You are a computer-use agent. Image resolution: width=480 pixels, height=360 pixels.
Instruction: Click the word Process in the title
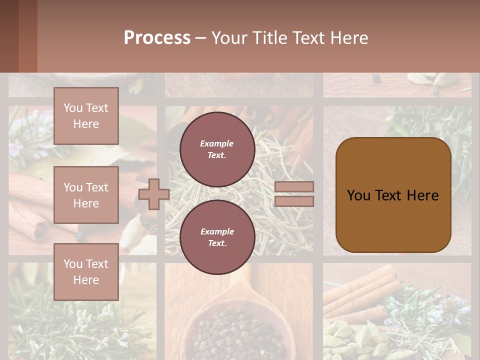click(x=157, y=38)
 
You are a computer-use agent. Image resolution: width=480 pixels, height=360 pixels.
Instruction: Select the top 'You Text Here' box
click(x=86, y=116)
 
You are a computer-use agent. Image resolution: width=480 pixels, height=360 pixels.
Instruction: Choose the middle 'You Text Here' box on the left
click(x=86, y=195)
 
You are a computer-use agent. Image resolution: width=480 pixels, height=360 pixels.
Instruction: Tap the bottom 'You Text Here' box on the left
click(x=86, y=271)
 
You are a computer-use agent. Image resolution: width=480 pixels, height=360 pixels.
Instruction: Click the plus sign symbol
click(x=153, y=194)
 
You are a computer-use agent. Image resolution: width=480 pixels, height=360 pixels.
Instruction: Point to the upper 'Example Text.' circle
click(x=217, y=149)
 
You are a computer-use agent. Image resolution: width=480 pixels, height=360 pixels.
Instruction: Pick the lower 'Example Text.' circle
click(x=217, y=237)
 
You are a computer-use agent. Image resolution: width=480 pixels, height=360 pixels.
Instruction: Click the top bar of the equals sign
click(x=294, y=186)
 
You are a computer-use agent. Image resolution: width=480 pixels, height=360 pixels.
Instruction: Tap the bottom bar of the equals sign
click(x=294, y=201)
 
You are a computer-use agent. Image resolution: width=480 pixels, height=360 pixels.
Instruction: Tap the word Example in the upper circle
click(x=217, y=143)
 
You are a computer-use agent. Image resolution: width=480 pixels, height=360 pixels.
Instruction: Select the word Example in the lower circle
click(x=217, y=231)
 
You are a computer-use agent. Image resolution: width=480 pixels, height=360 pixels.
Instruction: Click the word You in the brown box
click(x=358, y=195)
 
